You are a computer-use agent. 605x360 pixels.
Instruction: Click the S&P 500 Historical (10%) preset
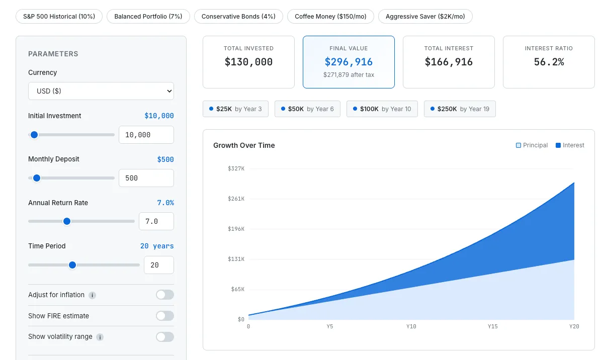pyautogui.click(x=59, y=16)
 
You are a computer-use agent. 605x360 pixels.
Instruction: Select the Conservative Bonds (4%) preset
pyautogui.click(x=238, y=16)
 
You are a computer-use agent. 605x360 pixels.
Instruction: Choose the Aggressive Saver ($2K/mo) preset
pyautogui.click(x=425, y=16)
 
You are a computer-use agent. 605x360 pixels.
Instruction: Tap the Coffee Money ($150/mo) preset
pyautogui.click(x=330, y=16)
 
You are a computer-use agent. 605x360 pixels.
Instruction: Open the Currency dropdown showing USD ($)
pyautogui.click(x=101, y=91)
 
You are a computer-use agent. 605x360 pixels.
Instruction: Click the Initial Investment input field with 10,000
pyautogui.click(x=146, y=135)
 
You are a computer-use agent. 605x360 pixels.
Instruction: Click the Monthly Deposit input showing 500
pyautogui.click(x=146, y=178)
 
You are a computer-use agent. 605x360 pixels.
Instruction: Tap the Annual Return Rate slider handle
pyautogui.click(x=67, y=221)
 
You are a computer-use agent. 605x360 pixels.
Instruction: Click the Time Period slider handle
pyautogui.click(x=72, y=265)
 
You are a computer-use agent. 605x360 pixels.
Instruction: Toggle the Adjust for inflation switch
pyautogui.click(x=164, y=295)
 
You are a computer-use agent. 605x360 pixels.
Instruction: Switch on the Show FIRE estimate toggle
pyautogui.click(x=164, y=316)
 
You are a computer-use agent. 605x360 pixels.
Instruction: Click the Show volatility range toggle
pyautogui.click(x=164, y=337)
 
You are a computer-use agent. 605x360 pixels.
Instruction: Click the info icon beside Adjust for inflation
pyautogui.click(x=93, y=295)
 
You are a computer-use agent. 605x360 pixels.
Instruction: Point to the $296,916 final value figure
pyautogui.click(x=349, y=62)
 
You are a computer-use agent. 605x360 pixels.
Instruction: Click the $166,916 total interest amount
pyautogui.click(x=449, y=62)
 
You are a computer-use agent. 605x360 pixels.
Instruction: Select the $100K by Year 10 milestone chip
pyautogui.click(x=382, y=109)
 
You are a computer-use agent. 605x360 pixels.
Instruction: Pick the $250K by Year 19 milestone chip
pyautogui.click(x=460, y=109)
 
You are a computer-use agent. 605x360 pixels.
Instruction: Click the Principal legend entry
pyautogui.click(x=532, y=145)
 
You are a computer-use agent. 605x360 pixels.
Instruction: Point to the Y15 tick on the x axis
pyautogui.click(x=492, y=327)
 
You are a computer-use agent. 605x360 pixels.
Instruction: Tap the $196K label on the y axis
pyautogui.click(x=236, y=229)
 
